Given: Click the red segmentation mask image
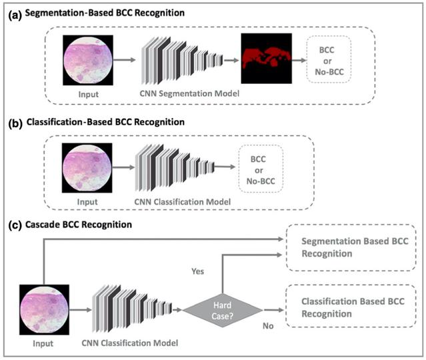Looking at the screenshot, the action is pyautogui.click(x=266, y=59).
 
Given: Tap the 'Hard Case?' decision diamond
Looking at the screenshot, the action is pyautogui.click(x=223, y=310).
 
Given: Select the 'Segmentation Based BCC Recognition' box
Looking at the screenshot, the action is pyautogui.click(x=351, y=247).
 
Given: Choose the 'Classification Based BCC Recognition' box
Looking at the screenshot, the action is pyautogui.click(x=351, y=306).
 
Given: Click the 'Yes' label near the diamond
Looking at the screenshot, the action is pyautogui.click(x=197, y=271).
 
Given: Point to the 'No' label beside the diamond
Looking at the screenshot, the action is pyautogui.click(x=268, y=326).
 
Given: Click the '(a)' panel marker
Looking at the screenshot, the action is pyautogui.click(x=15, y=15).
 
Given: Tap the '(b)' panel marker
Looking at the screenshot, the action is pyautogui.click(x=15, y=123).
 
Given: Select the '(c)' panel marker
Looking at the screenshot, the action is pyautogui.click(x=15, y=225).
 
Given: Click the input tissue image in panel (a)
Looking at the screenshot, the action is pyautogui.click(x=88, y=60).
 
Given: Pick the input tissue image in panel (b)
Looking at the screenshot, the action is pyautogui.click(x=87, y=168).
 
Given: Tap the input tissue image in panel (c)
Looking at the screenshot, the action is pyautogui.click(x=44, y=310).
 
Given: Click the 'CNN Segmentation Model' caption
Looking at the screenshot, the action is pyautogui.click(x=189, y=93).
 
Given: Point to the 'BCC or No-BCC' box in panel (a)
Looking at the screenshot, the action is pyautogui.click(x=329, y=59).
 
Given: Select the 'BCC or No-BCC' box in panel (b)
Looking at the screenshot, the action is pyautogui.click(x=261, y=169).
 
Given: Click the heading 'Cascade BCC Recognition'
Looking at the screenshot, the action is pyautogui.click(x=79, y=225).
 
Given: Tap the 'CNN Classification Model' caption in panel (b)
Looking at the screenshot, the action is pyautogui.click(x=183, y=202).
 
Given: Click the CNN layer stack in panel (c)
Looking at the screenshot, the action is pyautogui.click(x=132, y=309).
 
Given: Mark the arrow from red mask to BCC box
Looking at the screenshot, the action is pyautogui.click(x=299, y=60).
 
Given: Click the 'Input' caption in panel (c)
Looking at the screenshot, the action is pyautogui.click(x=43, y=343).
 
